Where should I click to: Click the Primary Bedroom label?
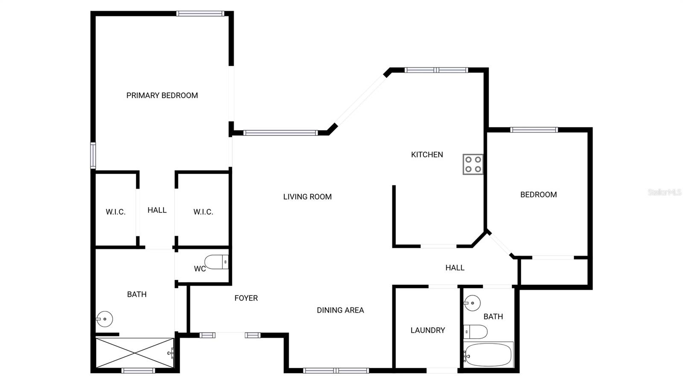[162, 95]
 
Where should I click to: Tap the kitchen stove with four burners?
[473, 164]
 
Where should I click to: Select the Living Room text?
[307, 196]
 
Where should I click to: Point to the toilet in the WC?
[216, 262]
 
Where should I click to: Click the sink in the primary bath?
[104, 319]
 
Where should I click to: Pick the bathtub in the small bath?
[488, 355]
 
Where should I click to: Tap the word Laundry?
[427, 330]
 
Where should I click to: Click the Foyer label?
[246, 298]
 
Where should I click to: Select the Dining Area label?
[340, 310]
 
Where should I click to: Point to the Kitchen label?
[427, 155]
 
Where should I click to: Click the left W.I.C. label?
[116, 212]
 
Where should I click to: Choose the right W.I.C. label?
[203, 212]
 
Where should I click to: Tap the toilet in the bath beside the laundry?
[476, 331]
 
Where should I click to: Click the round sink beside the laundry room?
[473, 303]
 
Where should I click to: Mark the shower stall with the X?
[134, 353]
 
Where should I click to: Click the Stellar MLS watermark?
[664, 192]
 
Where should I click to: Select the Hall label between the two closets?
[157, 210]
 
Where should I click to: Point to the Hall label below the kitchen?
[455, 268]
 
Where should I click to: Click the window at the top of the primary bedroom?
[200, 14]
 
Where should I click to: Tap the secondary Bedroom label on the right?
[538, 195]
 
